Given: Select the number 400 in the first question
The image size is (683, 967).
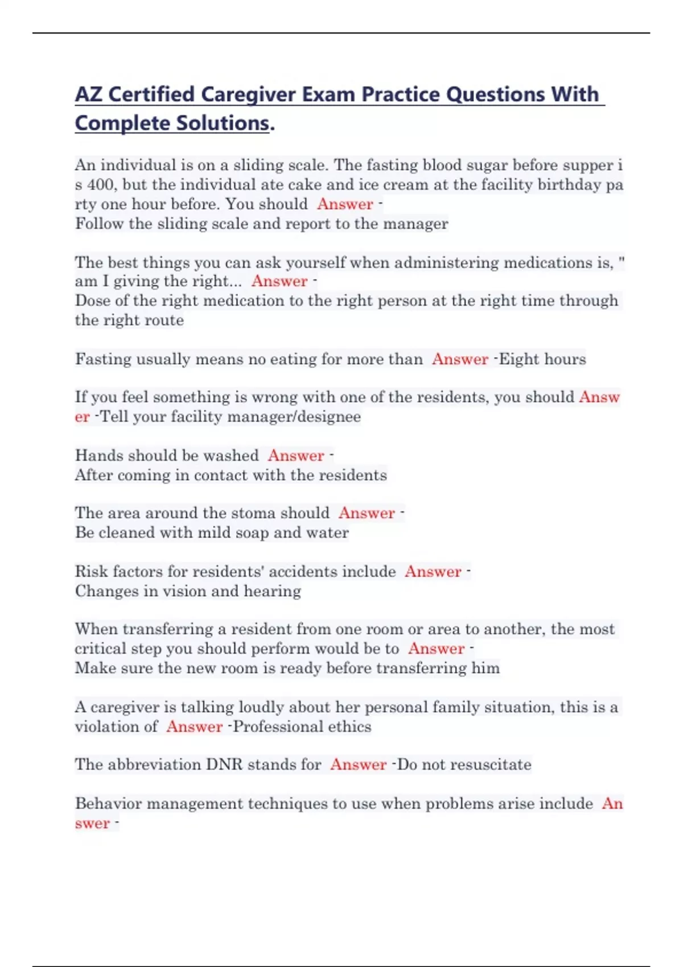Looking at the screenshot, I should pos(101,185).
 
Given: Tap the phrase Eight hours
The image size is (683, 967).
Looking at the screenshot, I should pos(542,359).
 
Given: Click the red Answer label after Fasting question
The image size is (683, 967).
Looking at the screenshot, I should pos(460,359).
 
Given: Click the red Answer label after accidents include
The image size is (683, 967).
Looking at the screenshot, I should pos(433,572).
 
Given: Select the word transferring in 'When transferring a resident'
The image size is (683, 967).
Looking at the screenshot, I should pos(168,629).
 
